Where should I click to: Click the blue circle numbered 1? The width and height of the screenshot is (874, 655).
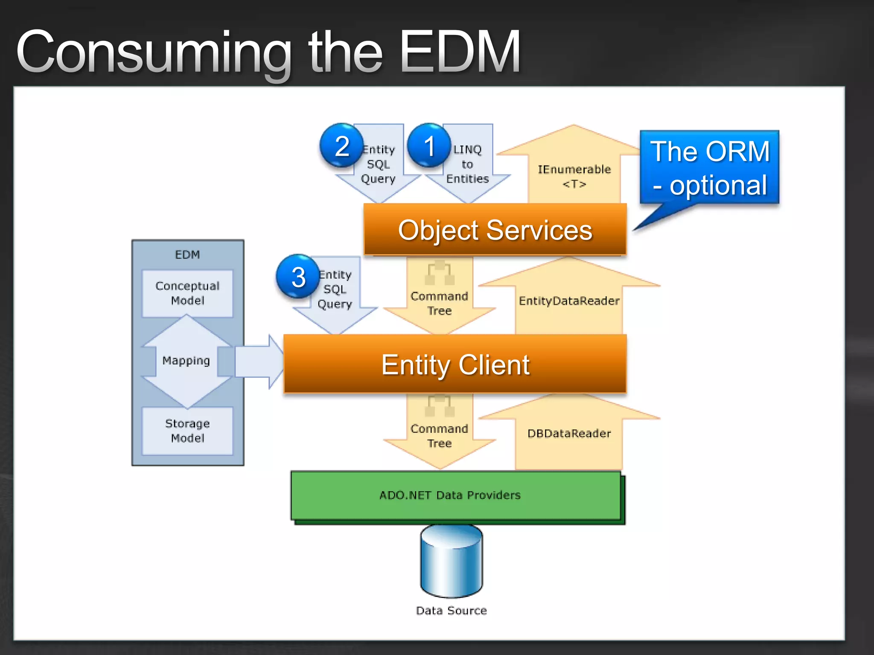[429, 145]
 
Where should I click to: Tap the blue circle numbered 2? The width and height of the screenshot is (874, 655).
[341, 145]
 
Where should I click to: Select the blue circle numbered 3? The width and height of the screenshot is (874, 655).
[298, 276]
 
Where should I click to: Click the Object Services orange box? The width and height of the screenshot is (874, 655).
[495, 230]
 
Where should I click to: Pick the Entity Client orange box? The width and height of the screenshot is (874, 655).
[455, 364]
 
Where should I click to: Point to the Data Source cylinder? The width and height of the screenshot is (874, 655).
[451, 561]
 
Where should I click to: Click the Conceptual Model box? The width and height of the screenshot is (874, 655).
[187, 293]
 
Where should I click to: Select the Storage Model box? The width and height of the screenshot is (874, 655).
[187, 431]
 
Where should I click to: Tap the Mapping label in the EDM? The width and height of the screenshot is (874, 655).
[186, 361]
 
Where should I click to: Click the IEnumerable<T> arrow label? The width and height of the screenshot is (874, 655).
[574, 176]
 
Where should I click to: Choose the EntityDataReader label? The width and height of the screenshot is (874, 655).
[569, 301]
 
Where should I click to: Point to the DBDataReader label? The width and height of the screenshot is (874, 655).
[569, 434]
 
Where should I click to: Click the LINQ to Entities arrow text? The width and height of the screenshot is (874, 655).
[467, 164]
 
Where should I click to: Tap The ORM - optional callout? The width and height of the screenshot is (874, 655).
[709, 168]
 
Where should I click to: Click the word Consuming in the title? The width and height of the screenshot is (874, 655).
[154, 53]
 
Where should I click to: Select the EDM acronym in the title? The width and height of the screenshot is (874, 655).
[460, 52]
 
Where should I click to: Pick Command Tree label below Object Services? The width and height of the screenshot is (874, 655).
[439, 303]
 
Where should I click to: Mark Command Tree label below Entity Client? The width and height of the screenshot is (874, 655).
[439, 436]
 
